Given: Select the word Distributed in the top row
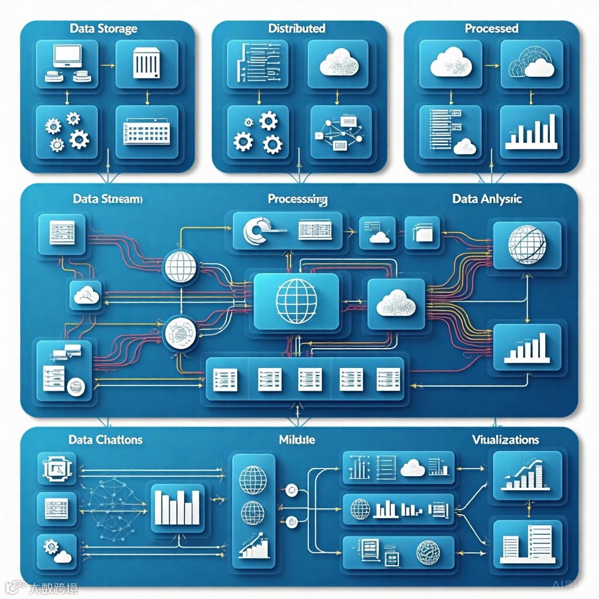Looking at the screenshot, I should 297,28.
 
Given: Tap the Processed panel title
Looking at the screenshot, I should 491,28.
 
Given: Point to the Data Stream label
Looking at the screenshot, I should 107,199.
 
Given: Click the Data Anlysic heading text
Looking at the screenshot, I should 487,199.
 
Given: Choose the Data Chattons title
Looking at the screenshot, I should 105,439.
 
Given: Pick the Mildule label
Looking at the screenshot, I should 297,439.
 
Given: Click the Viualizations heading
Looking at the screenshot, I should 505,439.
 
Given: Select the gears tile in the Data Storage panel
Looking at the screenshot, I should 67,132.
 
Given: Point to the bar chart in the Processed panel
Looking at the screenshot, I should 531,132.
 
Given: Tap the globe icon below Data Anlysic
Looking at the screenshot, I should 528,245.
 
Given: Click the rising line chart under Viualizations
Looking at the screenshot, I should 526,476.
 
